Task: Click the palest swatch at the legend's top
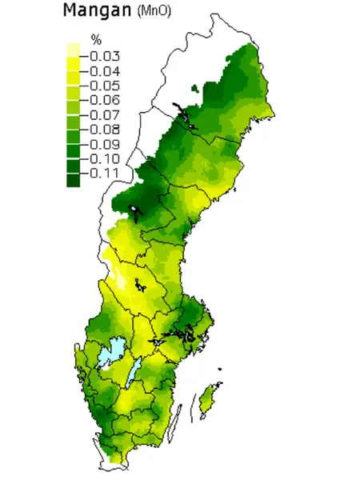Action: click(73, 49)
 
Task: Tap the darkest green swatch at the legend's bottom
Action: click(73, 180)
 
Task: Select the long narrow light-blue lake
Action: click(137, 370)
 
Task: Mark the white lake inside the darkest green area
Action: click(137, 214)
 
